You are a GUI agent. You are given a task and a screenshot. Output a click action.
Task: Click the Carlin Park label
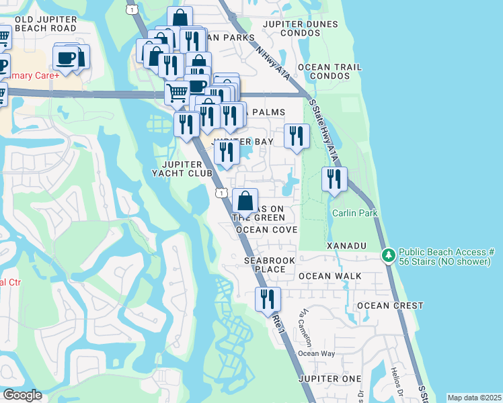(x=354, y=213)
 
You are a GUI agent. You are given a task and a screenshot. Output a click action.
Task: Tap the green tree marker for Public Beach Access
(x=388, y=255)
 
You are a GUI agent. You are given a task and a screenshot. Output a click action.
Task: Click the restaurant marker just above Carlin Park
(x=334, y=180)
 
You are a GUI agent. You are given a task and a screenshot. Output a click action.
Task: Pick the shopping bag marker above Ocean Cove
(x=246, y=201)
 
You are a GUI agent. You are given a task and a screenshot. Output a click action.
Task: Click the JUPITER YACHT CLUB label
(x=186, y=169)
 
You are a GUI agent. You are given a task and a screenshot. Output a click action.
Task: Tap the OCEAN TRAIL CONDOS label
(x=330, y=71)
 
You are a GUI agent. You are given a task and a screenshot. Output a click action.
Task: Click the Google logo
(x=22, y=395)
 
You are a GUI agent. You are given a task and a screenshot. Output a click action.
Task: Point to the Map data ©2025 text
(x=474, y=398)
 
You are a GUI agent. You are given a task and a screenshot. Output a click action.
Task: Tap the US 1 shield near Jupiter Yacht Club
(x=221, y=193)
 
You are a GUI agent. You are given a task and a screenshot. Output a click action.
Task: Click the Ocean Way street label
(x=316, y=353)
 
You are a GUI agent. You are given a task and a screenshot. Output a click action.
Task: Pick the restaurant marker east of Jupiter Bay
(x=297, y=137)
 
